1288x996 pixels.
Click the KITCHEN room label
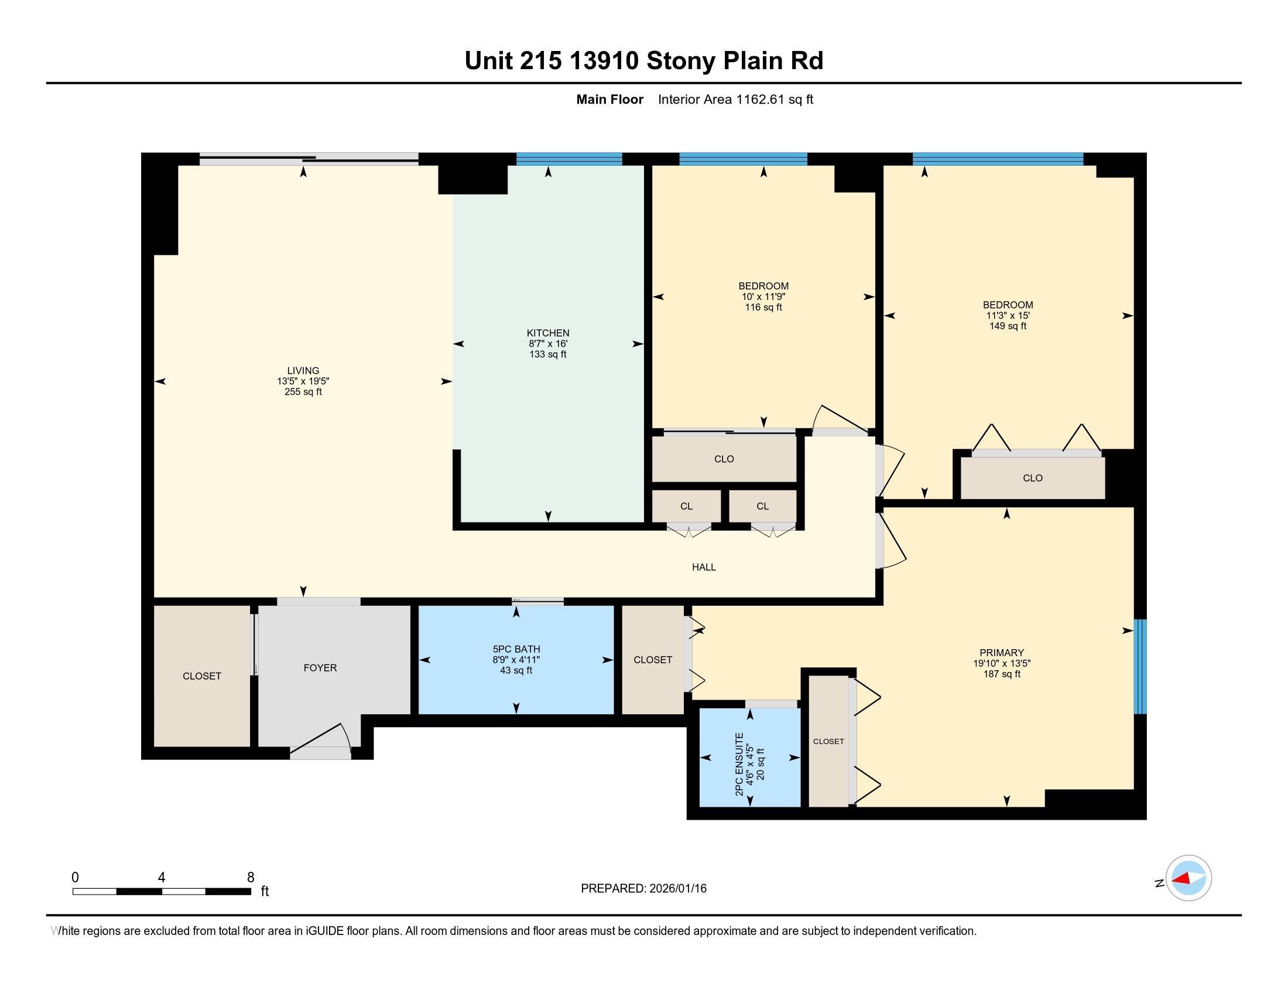pyautogui.click(x=548, y=333)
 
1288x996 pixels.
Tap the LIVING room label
pyautogui.click(x=303, y=370)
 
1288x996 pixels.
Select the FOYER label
pyautogui.click(x=320, y=667)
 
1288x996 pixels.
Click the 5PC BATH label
pyautogui.click(x=516, y=649)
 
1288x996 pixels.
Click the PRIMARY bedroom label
pyautogui.click(x=1001, y=653)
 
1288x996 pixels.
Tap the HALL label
pyautogui.click(x=704, y=567)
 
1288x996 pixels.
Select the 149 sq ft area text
pyautogui.click(x=1008, y=326)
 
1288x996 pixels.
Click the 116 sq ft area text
pyautogui.click(x=763, y=307)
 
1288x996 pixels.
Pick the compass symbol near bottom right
pyautogui.click(x=1188, y=878)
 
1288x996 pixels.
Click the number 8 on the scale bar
pyautogui.click(x=251, y=877)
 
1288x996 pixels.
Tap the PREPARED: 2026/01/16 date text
pyautogui.click(x=643, y=888)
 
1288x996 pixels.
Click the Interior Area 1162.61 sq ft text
pyautogui.click(x=735, y=99)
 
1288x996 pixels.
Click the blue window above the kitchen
pyautogui.click(x=569, y=159)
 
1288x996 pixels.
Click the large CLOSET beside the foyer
pyautogui.click(x=202, y=676)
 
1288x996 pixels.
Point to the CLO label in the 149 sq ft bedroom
pyautogui.click(x=1032, y=478)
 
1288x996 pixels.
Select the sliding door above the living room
pyautogui.click(x=309, y=158)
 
